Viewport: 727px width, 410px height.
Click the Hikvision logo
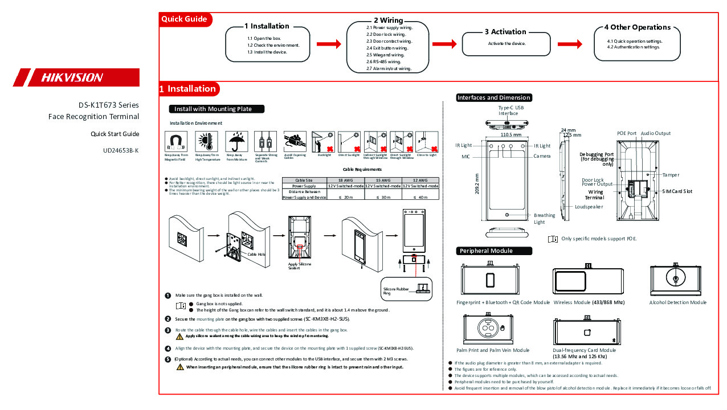tap(76, 77)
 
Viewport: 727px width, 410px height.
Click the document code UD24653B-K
tap(121, 151)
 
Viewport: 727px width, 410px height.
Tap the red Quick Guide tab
tap(185, 19)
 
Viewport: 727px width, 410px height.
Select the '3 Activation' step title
tap(505, 32)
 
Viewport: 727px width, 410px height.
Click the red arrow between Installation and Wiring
tap(329, 44)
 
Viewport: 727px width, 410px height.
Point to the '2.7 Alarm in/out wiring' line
tap(389, 68)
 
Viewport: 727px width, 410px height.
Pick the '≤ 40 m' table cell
tap(419, 197)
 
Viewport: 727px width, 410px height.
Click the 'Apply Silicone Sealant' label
tap(300, 266)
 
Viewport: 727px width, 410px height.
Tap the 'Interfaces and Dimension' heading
tap(494, 97)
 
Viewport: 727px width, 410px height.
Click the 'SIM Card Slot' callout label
tap(677, 191)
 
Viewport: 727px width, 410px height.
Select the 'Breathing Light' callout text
tap(544, 219)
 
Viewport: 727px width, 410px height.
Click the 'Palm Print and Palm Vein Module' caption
tap(493, 350)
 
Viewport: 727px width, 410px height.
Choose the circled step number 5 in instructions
tap(168, 359)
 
